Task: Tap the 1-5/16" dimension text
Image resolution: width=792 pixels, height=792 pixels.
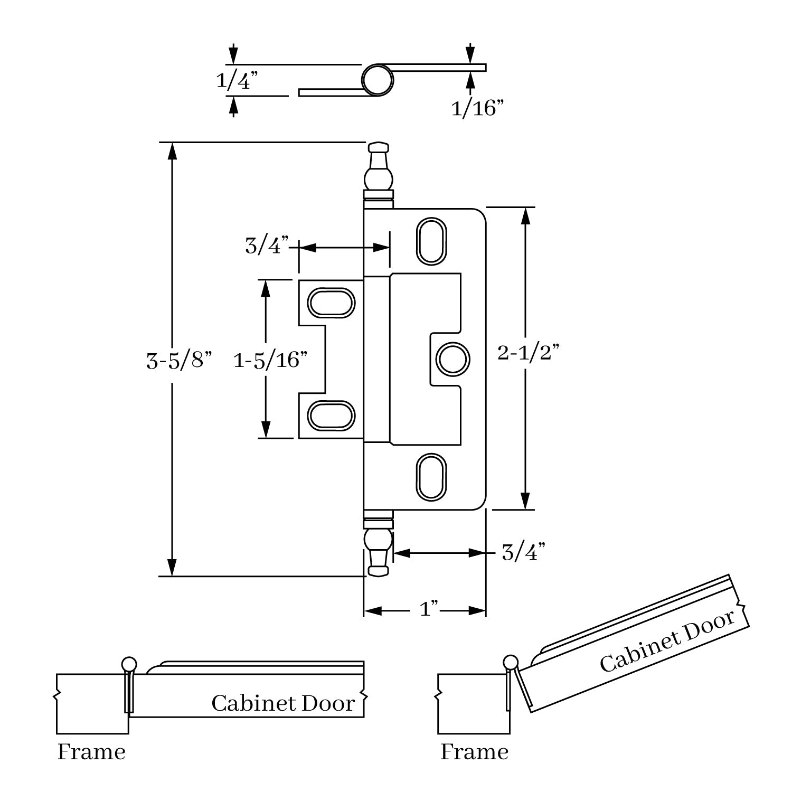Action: click(270, 360)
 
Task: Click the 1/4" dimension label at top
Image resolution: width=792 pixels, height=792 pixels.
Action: click(237, 81)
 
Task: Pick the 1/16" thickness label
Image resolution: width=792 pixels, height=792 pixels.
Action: click(477, 109)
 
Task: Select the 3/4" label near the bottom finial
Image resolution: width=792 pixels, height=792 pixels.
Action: click(523, 553)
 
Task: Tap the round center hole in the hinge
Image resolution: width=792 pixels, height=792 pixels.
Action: click(452, 359)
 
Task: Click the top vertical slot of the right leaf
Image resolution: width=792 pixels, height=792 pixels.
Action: click(431, 240)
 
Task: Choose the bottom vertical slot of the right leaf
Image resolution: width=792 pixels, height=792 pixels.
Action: click(431, 476)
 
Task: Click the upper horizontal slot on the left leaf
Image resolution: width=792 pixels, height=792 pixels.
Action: click(332, 303)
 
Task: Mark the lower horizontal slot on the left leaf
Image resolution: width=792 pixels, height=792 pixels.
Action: click(331, 415)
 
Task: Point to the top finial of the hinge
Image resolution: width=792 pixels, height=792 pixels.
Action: click(378, 170)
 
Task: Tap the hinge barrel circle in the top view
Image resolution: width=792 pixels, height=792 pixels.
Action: click(378, 80)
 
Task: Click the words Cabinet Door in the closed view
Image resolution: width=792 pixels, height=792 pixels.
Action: click(283, 703)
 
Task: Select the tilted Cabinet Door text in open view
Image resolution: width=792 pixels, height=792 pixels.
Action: click(667, 641)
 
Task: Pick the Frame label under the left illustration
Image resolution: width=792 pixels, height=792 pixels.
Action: click(91, 752)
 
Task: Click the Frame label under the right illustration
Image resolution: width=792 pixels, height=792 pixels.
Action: click(474, 752)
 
